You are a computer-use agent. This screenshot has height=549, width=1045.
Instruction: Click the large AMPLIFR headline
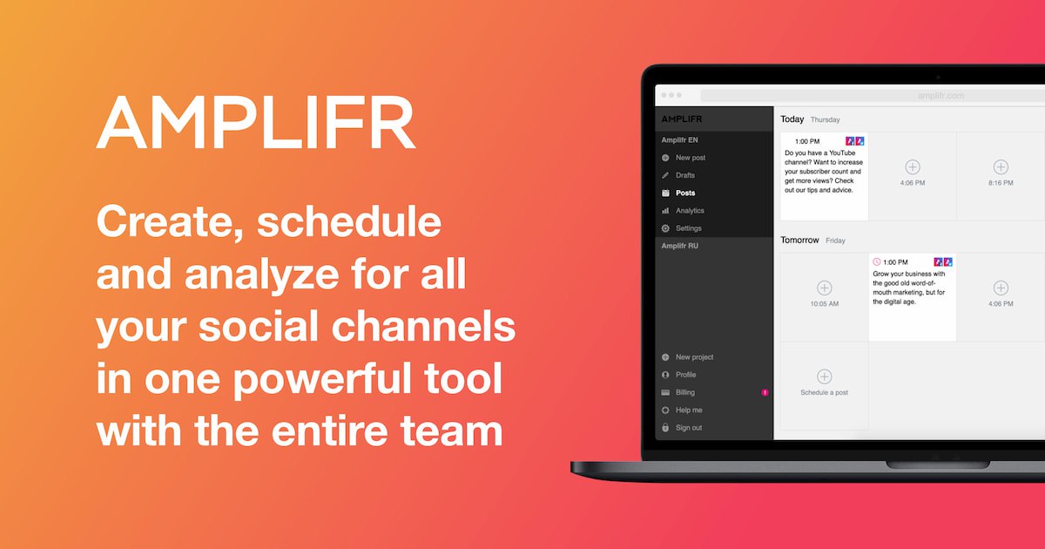click(256, 122)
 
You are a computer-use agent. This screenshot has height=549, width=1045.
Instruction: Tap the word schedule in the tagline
click(349, 221)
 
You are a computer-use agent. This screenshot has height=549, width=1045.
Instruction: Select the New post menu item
click(691, 158)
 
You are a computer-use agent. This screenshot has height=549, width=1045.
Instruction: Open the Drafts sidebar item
click(684, 175)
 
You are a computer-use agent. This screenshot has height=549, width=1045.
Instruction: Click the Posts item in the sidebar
click(685, 193)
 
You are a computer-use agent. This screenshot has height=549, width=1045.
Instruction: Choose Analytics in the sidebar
click(690, 211)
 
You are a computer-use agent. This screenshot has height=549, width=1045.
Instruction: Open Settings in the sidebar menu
click(689, 228)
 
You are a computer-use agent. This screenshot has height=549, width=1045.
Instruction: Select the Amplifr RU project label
click(680, 246)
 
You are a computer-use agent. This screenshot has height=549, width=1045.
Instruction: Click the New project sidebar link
click(694, 357)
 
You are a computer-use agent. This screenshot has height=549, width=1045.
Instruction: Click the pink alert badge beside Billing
click(765, 393)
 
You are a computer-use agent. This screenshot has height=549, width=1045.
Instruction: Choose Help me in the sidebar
click(689, 410)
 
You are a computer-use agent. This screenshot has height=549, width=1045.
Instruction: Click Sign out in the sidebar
click(689, 428)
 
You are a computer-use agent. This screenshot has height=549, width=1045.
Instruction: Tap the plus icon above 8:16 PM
click(1001, 166)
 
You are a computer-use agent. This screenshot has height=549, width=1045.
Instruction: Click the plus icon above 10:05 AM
click(825, 288)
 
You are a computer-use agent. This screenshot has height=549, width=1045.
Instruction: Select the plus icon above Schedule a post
click(825, 376)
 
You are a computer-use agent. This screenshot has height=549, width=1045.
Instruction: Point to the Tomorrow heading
click(799, 240)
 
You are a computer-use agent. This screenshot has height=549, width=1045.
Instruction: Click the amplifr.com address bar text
click(940, 96)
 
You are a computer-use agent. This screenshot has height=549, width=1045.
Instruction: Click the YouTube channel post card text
click(824, 172)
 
